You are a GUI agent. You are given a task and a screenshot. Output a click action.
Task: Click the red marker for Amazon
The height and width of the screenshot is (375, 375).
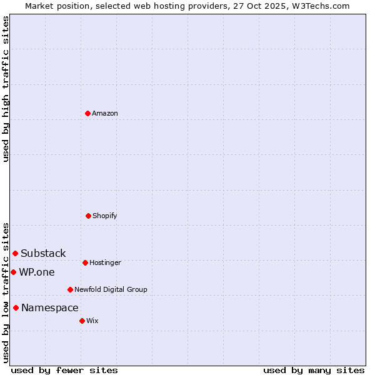87,113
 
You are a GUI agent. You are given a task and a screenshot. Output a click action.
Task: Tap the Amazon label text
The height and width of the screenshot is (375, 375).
105,113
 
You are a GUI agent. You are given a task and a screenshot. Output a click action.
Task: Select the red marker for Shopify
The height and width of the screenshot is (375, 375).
88,216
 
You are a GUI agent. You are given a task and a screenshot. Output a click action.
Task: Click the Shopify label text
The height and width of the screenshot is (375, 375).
105,216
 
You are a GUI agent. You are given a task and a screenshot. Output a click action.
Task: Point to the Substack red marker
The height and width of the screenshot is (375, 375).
16,253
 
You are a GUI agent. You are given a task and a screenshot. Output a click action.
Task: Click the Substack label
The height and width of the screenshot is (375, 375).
43,253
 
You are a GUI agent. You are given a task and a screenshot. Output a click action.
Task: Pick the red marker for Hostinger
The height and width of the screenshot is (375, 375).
85,262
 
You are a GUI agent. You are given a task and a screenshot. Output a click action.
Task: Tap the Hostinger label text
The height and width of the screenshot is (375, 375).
105,262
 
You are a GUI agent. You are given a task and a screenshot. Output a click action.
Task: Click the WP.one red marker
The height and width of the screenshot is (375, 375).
13,272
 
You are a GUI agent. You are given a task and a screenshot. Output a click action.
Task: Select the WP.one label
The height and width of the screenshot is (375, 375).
37,272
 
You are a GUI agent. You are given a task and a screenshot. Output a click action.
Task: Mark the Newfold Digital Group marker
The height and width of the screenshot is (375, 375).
70,289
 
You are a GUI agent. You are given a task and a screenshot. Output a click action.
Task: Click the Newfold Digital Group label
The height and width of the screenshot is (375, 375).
111,289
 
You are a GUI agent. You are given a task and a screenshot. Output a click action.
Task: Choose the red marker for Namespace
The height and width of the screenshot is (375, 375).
16,307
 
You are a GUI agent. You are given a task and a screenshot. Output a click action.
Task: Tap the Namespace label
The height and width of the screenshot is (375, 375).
50,307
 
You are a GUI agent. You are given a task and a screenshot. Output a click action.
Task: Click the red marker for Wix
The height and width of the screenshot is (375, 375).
82,321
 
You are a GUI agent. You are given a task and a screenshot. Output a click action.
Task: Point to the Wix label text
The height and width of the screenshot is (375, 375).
92,321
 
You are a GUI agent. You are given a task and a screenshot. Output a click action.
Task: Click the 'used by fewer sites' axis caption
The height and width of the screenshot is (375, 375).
64,370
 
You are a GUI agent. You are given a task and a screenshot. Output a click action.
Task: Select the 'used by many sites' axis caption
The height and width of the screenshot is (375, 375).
314,370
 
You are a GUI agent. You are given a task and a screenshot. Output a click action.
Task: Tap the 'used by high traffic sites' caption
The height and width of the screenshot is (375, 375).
6,89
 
